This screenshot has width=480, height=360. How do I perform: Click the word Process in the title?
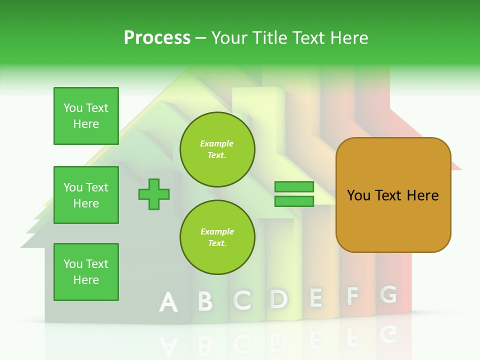[157, 38]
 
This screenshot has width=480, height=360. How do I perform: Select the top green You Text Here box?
[86, 116]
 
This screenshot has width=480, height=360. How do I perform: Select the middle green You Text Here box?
[86, 195]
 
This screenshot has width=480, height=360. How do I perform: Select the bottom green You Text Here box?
[86, 272]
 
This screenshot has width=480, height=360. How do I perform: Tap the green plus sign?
[154, 194]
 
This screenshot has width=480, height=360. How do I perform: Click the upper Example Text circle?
[217, 149]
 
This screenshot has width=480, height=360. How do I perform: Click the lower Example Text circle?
[217, 237]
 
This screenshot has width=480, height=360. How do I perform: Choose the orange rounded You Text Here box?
[393, 195]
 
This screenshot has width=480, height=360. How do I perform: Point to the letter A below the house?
[168, 302]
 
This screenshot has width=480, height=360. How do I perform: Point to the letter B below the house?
[205, 301]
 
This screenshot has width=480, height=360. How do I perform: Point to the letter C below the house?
[242, 300]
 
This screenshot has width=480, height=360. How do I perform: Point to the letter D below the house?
[279, 299]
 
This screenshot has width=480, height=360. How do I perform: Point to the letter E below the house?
[315, 298]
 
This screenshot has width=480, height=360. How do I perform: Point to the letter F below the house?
[352, 296]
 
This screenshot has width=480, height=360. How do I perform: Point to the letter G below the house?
[388, 295]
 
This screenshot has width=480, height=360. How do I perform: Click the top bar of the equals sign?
[294, 187]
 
